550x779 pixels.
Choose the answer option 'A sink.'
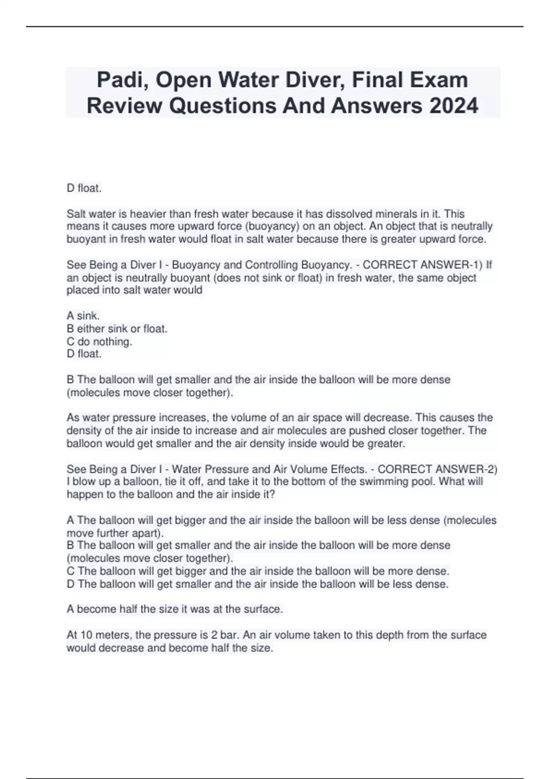point(83,316)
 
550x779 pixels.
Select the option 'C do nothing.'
point(99,341)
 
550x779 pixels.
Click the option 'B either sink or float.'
point(117,329)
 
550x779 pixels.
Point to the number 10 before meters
point(86,635)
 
